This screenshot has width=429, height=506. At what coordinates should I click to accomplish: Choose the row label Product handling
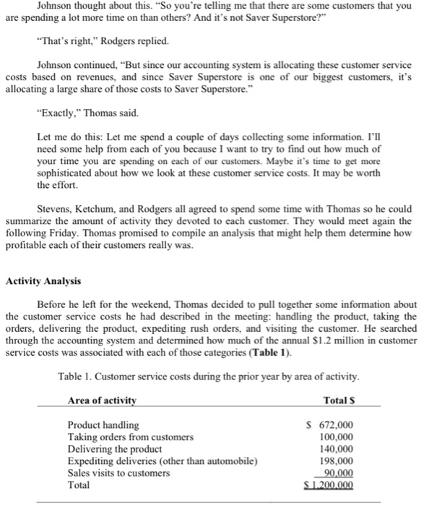(103, 425)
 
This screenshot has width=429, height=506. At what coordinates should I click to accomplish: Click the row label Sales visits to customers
(118, 473)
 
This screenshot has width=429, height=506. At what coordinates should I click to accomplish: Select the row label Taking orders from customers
(130, 437)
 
